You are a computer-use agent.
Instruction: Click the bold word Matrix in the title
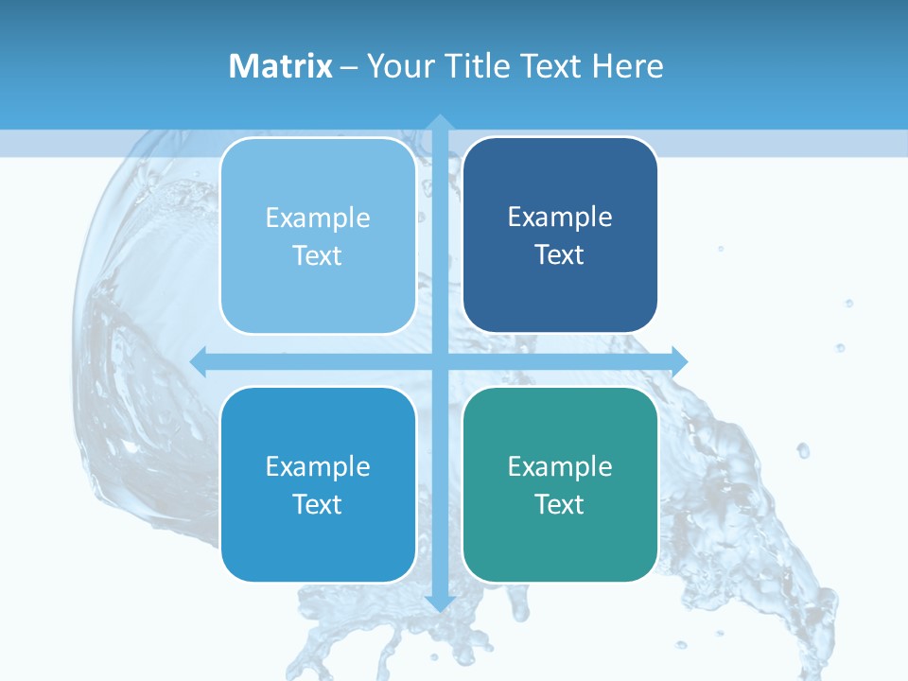(x=281, y=66)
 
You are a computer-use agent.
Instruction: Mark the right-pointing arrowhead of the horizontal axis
(x=678, y=360)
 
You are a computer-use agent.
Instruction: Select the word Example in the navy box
(x=560, y=218)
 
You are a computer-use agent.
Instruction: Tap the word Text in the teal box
(x=560, y=504)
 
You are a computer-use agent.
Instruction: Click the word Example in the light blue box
(x=318, y=218)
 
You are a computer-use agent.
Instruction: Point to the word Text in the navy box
(x=560, y=254)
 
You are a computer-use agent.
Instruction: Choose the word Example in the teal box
(x=560, y=466)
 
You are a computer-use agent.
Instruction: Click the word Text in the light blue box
(x=318, y=255)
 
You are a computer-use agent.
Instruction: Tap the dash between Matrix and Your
(x=349, y=67)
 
